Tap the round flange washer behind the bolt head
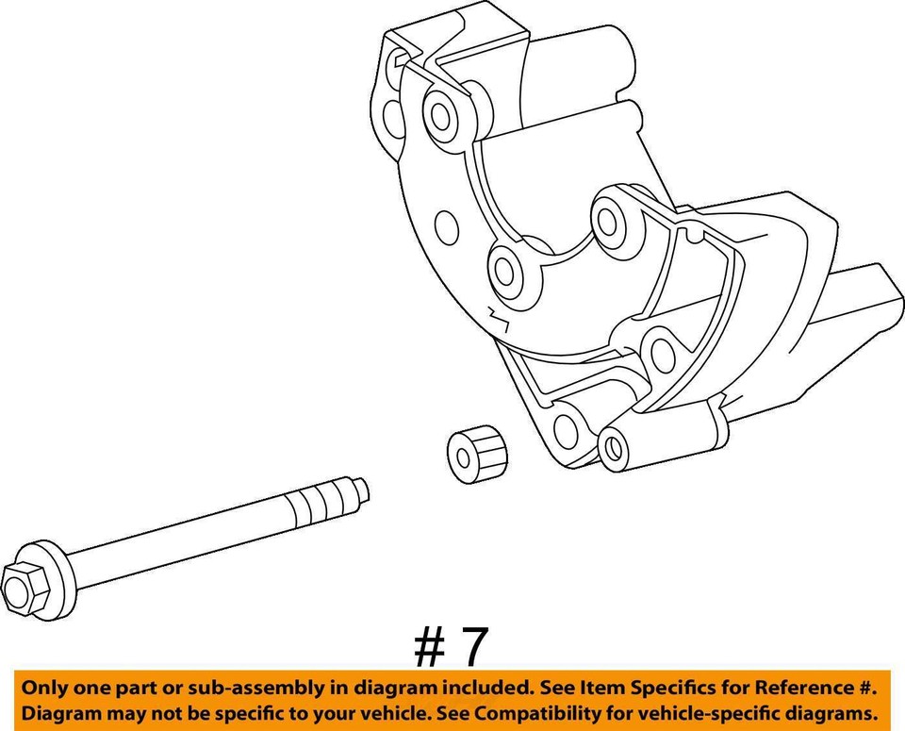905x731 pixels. pyautogui.click(x=48, y=570)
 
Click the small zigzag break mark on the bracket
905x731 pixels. pyautogui.click(x=497, y=319)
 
